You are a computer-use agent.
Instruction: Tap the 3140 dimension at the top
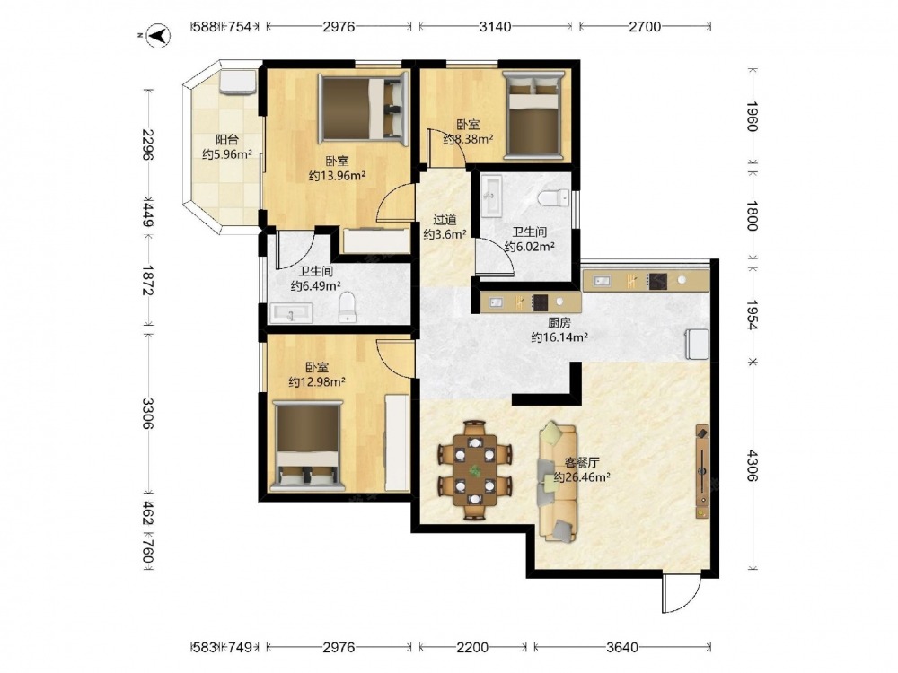click(496, 26)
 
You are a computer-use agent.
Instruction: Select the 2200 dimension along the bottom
click(472, 647)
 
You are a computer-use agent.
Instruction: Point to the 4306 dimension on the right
click(752, 466)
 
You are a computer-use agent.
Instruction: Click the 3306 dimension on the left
click(148, 413)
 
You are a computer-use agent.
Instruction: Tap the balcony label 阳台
click(227, 139)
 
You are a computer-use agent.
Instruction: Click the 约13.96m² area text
click(338, 176)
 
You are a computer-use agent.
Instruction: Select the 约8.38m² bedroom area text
click(469, 138)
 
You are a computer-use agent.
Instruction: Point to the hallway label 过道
click(445, 219)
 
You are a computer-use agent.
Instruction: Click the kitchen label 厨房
click(559, 323)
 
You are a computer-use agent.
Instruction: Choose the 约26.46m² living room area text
click(581, 476)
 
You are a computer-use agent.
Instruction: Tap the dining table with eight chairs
click(475, 470)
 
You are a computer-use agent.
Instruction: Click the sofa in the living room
click(558, 482)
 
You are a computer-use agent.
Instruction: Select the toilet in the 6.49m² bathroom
click(347, 307)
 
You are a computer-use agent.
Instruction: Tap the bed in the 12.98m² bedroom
click(308, 446)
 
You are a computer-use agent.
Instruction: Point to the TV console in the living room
click(702, 472)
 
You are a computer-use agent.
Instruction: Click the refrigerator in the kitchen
click(697, 344)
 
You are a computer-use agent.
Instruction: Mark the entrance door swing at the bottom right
click(682, 592)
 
